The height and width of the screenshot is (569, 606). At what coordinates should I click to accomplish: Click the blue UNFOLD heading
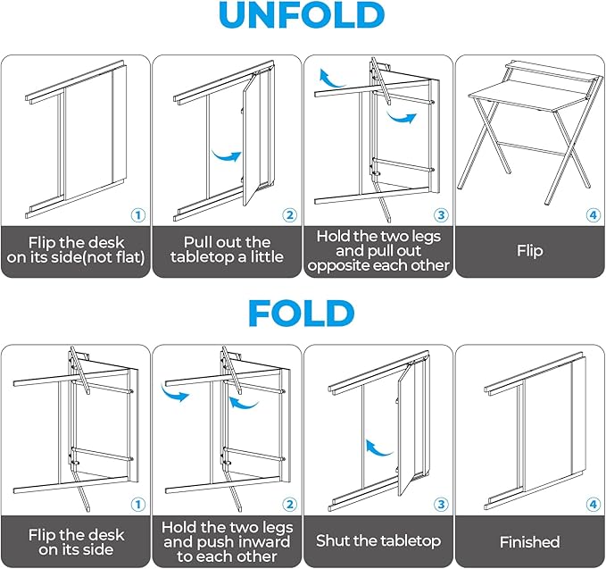tap(302, 18)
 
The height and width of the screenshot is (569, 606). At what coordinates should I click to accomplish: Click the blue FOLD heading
tap(302, 313)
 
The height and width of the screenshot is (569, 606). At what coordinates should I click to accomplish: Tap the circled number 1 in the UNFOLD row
tap(137, 214)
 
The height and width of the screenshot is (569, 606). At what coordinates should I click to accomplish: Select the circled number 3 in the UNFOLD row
tap(440, 214)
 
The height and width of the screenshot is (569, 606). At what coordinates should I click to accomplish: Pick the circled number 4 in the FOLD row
tap(592, 505)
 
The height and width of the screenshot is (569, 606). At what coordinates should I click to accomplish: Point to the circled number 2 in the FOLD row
tap(288, 505)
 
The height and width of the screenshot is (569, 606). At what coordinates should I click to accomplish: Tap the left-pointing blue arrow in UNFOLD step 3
tap(332, 81)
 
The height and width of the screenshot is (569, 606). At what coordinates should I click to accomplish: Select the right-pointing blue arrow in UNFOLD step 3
tap(403, 117)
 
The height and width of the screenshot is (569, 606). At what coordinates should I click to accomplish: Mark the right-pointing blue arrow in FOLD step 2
tap(177, 393)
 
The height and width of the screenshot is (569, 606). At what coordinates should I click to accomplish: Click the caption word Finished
tap(529, 542)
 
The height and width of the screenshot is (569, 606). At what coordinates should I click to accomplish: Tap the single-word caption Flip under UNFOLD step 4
tap(529, 251)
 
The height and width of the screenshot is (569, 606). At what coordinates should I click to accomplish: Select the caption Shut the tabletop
tap(378, 542)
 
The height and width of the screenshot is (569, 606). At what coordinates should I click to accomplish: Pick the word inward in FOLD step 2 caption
tap(259, 542)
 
